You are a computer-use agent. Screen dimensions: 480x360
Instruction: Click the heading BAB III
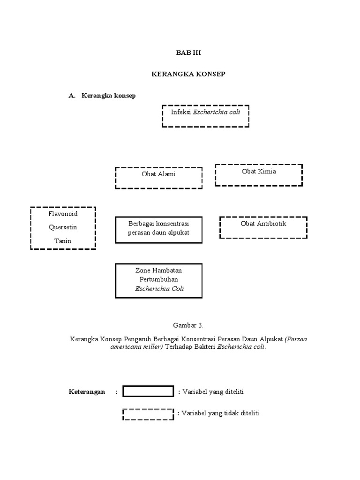pos(188,52)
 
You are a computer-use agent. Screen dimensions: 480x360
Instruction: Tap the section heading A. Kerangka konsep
pos(102,95)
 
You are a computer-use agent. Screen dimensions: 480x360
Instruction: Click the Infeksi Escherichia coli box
pos(205,116)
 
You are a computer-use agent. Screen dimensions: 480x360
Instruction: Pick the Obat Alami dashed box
pos(158,178)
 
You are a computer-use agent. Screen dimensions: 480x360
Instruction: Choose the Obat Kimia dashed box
pos(259,175)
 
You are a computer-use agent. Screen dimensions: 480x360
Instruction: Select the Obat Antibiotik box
pos(263,227)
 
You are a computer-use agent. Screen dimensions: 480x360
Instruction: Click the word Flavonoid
pos(63,214)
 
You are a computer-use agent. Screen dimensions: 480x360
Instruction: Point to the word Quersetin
pos(63,227)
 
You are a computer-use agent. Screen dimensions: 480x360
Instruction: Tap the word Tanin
pos(63,241)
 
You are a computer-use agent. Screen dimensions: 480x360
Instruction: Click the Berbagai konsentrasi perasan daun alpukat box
pos(158,230)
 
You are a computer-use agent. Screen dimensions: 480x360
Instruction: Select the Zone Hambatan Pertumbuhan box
pos(158,280)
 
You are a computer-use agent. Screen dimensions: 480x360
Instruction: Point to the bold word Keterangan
pos(87,392)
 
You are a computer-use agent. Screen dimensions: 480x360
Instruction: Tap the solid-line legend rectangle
pos(148,391)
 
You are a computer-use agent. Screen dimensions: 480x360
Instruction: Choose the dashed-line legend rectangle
pos(148,413)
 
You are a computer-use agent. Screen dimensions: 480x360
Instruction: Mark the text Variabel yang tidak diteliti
pos(218,413)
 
